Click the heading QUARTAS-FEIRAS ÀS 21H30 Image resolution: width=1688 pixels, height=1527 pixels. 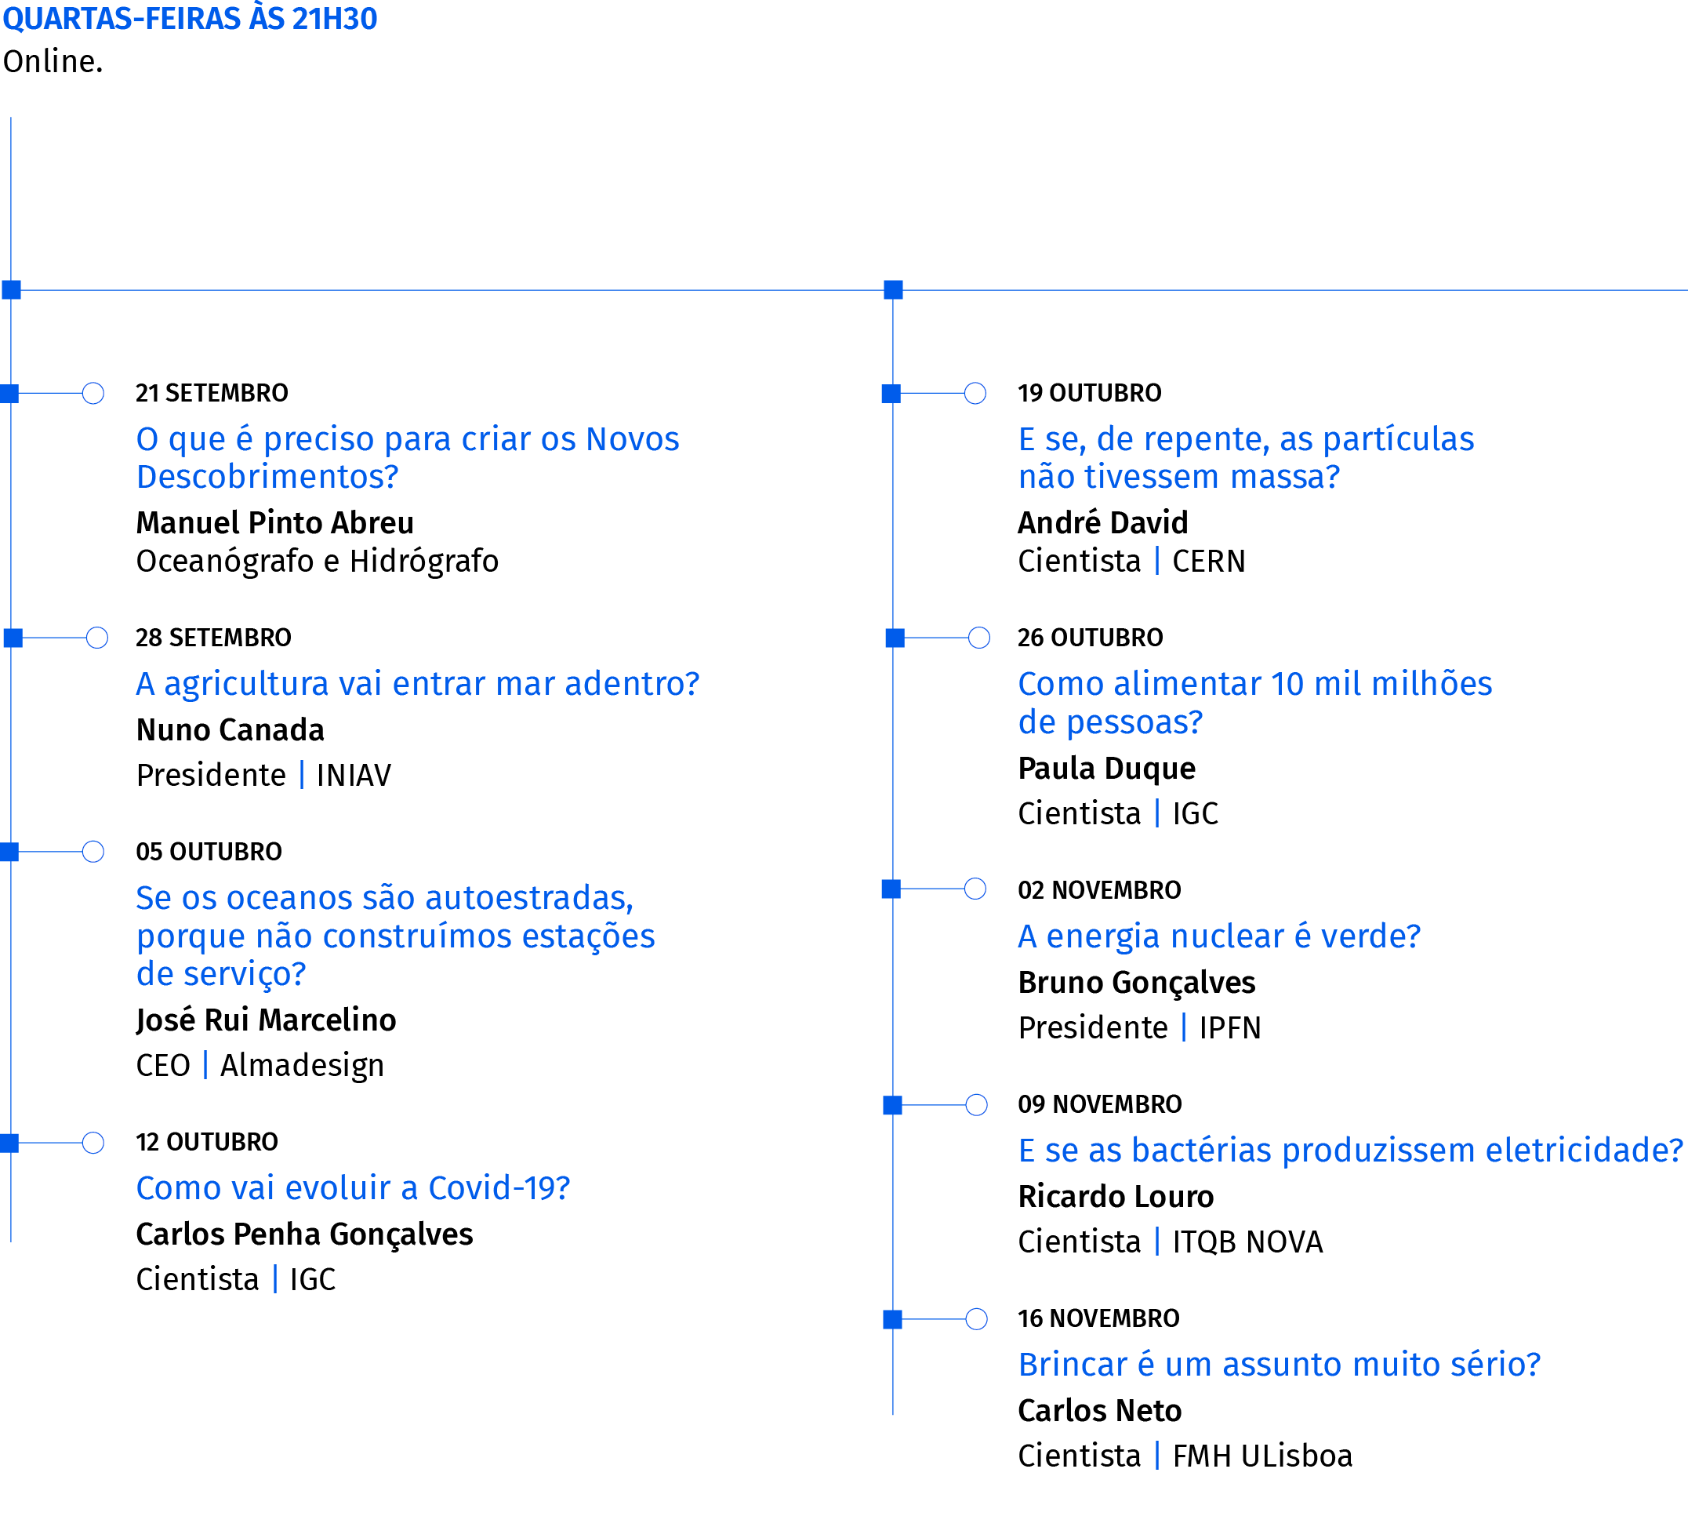tap(190, 18)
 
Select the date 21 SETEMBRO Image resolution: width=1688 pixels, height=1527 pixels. tap(212, 393)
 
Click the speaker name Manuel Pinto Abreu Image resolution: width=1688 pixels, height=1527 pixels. tap(275, 522)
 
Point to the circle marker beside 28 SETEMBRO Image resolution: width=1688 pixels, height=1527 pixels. tap(97, 638)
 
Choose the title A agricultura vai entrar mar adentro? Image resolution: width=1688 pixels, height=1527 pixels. tap(418, 685)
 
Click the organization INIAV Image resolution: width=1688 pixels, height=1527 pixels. tap(354, 776)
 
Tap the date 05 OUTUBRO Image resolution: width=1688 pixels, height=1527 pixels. tap(209, 852)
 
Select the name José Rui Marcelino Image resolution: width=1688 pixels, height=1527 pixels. tap(267, 1020)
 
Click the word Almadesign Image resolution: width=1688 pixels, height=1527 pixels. tap(303, 1066)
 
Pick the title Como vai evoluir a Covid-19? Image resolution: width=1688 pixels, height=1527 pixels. tap(354, 1187)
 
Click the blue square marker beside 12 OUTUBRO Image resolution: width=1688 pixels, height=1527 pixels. tap(9, 1143)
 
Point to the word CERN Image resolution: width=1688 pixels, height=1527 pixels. tap(1208, 562)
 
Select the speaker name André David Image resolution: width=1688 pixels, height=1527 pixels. tap(1102, 522)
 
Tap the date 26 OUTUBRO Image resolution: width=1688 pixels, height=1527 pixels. tap(1090, 638)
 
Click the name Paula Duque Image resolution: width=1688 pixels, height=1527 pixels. tap(1107, 769)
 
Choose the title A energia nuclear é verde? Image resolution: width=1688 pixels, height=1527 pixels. tap(1219, 936)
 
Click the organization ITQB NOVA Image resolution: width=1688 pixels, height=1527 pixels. tap(1247, 1242)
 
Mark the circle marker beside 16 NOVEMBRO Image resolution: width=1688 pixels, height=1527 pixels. tap(976, 1319)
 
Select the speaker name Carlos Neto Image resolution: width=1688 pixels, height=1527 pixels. tap(1099, 1412)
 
